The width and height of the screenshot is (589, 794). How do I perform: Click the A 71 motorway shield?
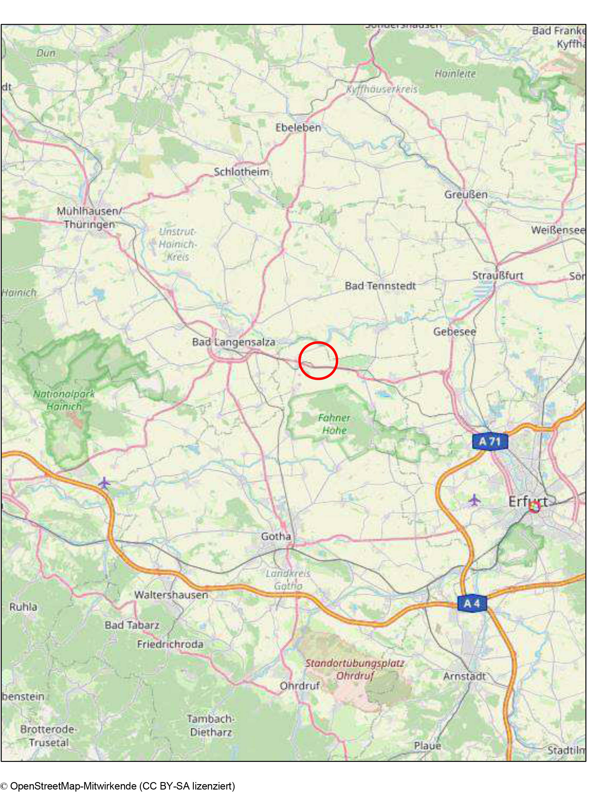pos(490,441)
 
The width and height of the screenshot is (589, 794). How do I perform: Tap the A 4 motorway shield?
pos(472,603)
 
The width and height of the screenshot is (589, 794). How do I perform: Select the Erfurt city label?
pos(527,502)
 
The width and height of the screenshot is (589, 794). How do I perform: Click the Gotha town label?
pos(276,536)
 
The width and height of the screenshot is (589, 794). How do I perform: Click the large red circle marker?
pos(318,360)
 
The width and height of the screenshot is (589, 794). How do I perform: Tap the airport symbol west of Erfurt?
pos(474,500)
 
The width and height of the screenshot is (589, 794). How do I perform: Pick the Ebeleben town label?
pos(298,127)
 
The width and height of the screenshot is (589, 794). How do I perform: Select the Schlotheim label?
pos(241,172)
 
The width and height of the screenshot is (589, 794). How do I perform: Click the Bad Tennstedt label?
pos(380,286)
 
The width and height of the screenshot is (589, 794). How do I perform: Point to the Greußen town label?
pos(466,195)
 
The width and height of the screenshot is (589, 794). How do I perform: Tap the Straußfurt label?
pos(498,275)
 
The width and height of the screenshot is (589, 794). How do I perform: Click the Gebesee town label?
pos(455,332)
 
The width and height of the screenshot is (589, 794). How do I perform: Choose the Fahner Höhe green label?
pos(334,424)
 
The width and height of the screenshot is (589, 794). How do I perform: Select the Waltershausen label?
pos(171,595)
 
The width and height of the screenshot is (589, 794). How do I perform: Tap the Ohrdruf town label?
pos(300,685)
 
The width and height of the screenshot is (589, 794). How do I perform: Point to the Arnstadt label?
pos(464,676)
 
